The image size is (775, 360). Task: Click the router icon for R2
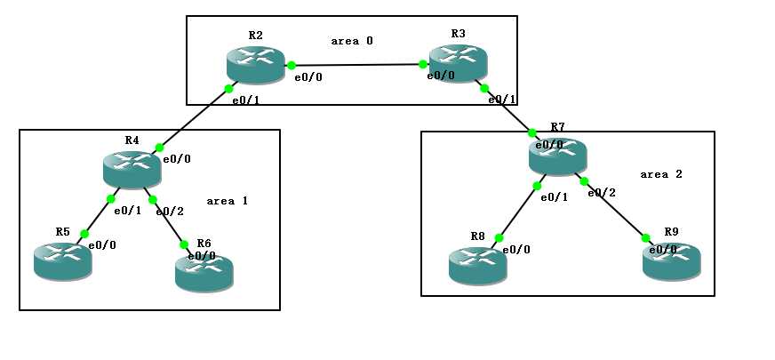pos(255,65)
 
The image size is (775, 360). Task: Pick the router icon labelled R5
pos(62,260)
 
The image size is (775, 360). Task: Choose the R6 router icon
pos(204,271)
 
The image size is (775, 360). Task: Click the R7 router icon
pos(557,156)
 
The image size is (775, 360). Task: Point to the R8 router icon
pos(477,265)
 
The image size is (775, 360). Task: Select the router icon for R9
pos(671,260)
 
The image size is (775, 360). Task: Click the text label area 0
pos(352,41)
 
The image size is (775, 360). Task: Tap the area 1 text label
pos(227,201)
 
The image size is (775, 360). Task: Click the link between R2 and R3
pos(356,65)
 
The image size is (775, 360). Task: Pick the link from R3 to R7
pos(507,110)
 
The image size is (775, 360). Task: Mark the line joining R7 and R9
pos(614,210)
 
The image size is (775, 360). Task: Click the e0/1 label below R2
pos(245,100)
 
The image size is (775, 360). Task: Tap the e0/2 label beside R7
pos(601,192)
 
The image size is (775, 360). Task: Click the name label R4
pos(132,140)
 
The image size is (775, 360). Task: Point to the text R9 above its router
pos(671,232)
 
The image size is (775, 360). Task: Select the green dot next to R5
pos(84,235)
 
